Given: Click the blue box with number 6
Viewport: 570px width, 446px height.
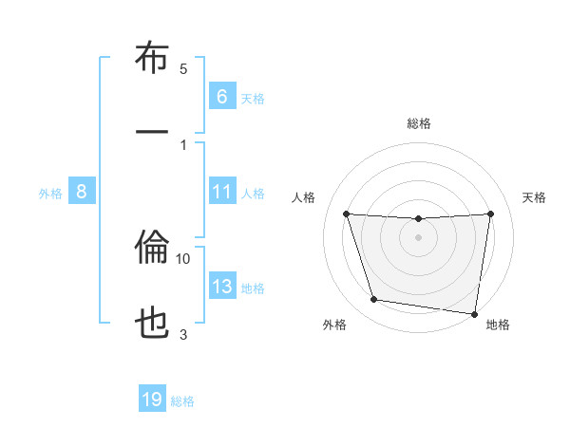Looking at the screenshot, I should coord(221,97).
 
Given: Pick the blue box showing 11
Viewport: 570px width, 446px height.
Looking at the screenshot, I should coord(221,192).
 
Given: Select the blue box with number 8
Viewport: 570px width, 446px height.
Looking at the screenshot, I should coord(82,192).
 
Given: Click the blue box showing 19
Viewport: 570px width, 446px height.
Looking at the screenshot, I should coord(152,400).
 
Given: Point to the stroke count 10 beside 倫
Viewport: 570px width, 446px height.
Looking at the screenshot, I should coord(183,258).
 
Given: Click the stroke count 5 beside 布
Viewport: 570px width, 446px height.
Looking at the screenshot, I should coord(183,68).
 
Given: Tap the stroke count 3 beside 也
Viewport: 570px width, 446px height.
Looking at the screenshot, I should coord(183,334).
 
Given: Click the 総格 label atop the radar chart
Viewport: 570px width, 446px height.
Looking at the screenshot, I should coord(419,123).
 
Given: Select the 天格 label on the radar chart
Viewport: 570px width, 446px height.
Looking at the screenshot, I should coord(535,197).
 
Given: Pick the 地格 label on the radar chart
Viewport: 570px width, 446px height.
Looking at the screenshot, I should coord(498,325).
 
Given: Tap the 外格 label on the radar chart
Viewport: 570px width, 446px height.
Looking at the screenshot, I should coord(334,325).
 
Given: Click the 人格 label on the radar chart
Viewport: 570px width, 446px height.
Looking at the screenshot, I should coord(304,197).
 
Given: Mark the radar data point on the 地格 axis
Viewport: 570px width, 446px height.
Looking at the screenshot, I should coord(474,313).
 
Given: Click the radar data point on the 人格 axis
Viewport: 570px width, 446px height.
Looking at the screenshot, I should coord(346,214).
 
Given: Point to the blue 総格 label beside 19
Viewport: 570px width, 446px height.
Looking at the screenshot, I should coord(182,400).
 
